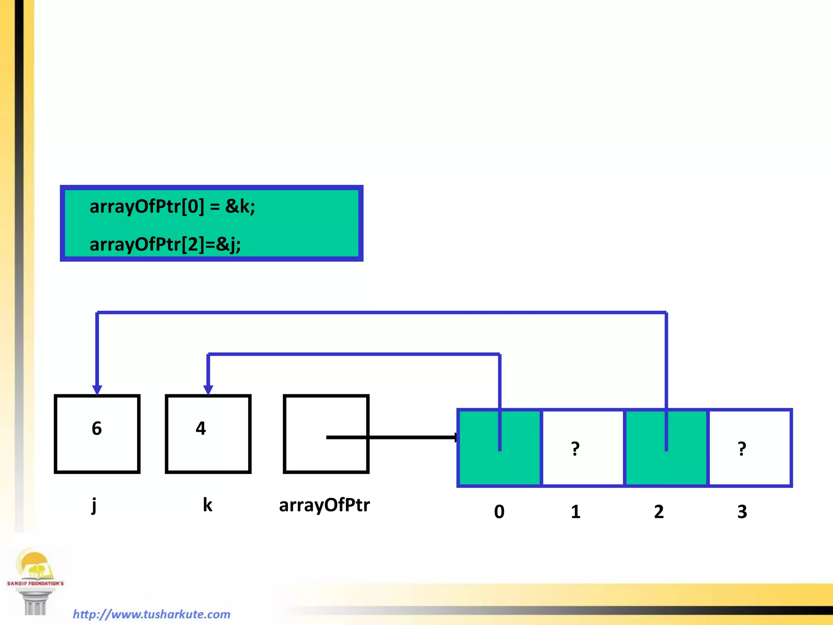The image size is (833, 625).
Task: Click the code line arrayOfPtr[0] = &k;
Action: point(172,206)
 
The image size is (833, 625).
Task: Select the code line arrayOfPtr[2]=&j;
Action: point(165,244)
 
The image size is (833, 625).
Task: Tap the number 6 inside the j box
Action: point(97,428)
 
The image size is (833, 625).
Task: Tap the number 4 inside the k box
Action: point(201,428)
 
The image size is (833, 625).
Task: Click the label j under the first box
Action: point(94,505)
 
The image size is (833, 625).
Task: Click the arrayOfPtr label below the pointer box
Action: point(324,505)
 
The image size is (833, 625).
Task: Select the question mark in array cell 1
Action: point(575,448)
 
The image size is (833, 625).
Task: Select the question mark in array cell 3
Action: point(742,448)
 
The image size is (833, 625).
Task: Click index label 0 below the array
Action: point(499,512)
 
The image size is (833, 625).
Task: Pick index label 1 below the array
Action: point(575,512)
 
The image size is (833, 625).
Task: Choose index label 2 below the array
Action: point(659,512)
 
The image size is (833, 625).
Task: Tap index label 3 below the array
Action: point(742,512)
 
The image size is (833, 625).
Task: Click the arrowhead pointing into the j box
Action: point(97,390)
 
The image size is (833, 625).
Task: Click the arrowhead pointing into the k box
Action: point(208,390)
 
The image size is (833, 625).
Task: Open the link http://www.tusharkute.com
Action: point(151,614)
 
